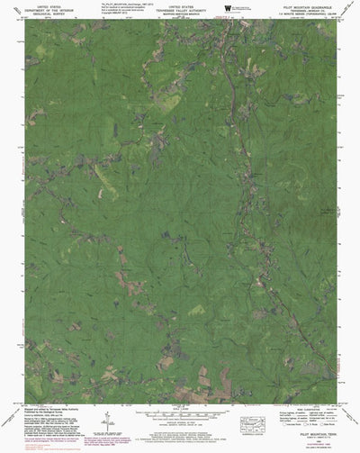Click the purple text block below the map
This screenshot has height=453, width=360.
[180, 437]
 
